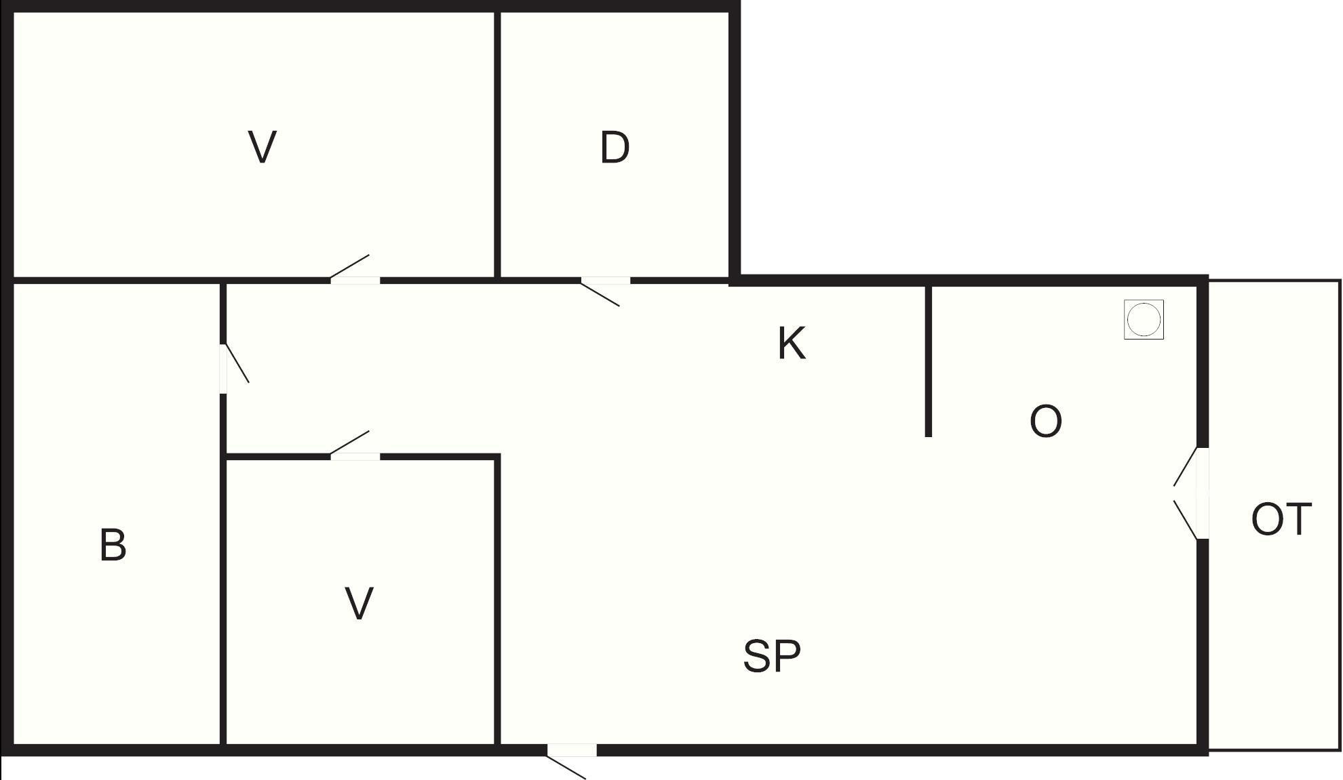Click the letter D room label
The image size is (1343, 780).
pyautogui.click(x=615, y=148)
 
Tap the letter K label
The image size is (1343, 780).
pyautogui.click(x=791, y=344)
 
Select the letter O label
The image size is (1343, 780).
pyautogui.click(x=1045, y=422)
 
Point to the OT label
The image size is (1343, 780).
pyautogui.click(x=1281, y=520)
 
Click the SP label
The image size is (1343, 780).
pyautogui.click(x=772, y=656)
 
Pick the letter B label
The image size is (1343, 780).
pyautogui.click(x=113, y=545)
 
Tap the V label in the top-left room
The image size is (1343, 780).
pyautogui.click(x=262, y=147)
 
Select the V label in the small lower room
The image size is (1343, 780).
pyautogui.click(x=359, y=603)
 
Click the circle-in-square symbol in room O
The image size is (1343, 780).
pyautogui.click(x=1144, y=319)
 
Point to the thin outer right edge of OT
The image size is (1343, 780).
pyautogui.click(x=1340, y=515)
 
